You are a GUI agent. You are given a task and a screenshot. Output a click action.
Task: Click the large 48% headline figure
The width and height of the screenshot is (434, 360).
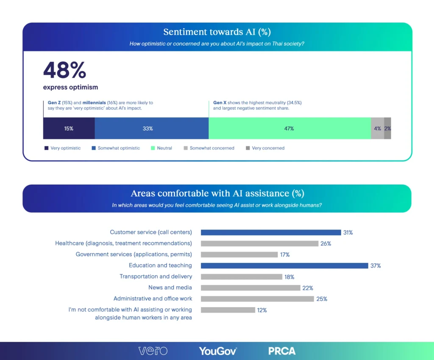coord(64,71)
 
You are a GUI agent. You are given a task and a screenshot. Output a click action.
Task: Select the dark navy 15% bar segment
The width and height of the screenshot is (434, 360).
coord(69,128)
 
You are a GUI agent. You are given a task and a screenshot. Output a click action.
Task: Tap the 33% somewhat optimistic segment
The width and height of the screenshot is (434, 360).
coord(151,128)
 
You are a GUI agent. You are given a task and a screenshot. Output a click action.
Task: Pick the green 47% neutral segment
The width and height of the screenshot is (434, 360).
coord(289,128)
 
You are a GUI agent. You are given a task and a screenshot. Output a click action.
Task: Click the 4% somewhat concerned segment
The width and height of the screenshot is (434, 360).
coord(377,128)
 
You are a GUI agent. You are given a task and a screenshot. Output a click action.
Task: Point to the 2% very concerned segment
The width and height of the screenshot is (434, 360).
coord(387,128)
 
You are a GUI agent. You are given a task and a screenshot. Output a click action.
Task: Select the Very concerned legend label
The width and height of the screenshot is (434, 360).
coord(268,148)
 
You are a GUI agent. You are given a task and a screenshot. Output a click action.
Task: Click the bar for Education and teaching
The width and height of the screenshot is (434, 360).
coord(284,266)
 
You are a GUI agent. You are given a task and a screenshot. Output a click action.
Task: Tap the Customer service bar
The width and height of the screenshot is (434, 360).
coord(270,233)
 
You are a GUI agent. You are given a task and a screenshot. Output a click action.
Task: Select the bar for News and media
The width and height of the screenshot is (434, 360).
coord(250,288)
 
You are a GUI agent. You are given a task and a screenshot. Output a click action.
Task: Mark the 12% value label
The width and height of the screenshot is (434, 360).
coord(262,310)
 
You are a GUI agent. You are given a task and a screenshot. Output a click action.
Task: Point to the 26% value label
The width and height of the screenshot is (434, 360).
coord(325,244)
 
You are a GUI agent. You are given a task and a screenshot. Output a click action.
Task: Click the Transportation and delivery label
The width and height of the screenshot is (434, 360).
coord(156,277)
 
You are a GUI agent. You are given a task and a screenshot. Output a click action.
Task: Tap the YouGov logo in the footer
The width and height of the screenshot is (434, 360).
coord(218,351)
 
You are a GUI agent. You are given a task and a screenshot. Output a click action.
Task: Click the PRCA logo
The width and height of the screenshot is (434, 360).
coord(282,351)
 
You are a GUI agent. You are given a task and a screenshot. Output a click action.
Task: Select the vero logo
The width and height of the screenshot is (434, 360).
coord(153,351)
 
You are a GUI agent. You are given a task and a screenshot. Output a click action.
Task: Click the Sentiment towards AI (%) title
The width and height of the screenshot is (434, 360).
coord(217,32)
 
